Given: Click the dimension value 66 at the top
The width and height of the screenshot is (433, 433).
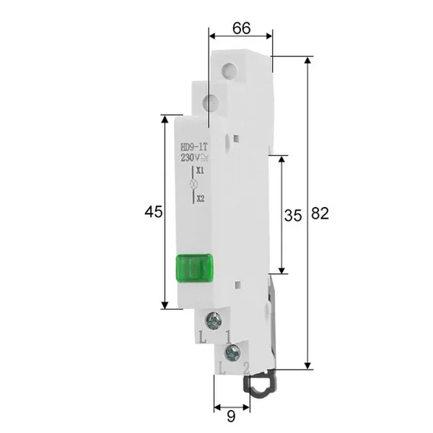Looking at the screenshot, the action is [x=241, y=28].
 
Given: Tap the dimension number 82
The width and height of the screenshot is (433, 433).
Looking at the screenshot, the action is [x=320, y=214].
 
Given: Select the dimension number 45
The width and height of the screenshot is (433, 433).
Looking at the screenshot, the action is [x=154, y=211].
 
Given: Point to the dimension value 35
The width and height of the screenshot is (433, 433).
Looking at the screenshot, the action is [x=293, y=215].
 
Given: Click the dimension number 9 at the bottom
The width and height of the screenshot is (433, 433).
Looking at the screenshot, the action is [x=231, y=416].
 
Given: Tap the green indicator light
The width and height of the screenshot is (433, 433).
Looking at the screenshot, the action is [x=194, y=268].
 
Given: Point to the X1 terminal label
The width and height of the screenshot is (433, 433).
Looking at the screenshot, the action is [x=200, y=170].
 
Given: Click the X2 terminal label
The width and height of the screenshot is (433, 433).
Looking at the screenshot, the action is [x=201, y=198].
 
